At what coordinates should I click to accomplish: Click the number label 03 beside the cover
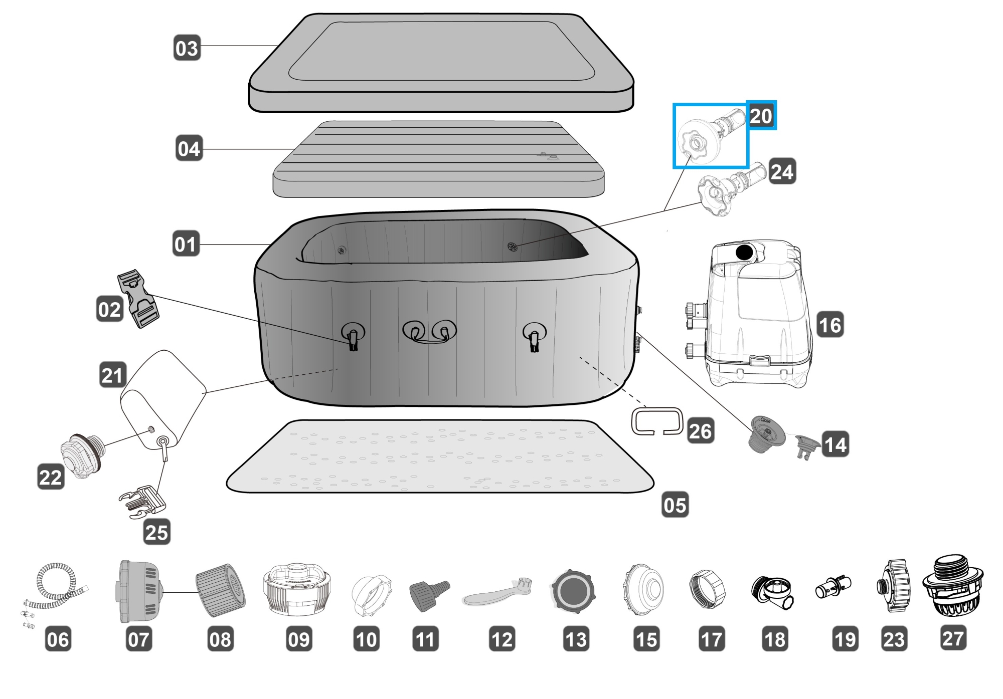pos(187,48)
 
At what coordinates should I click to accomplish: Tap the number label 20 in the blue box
pos(761,116)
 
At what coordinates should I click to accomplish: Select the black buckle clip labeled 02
pos(137,299)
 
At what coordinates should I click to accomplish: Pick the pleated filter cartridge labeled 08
pos(220,589)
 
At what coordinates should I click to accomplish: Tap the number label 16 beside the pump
pos(829,325)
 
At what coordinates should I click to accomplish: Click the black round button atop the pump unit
pos(744,252)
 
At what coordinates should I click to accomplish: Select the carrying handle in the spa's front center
pos(430,333)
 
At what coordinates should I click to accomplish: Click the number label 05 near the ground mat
pos(675,505)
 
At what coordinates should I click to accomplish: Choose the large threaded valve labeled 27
pos(952,592)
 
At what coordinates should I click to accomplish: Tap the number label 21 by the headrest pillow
pos(112,375)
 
